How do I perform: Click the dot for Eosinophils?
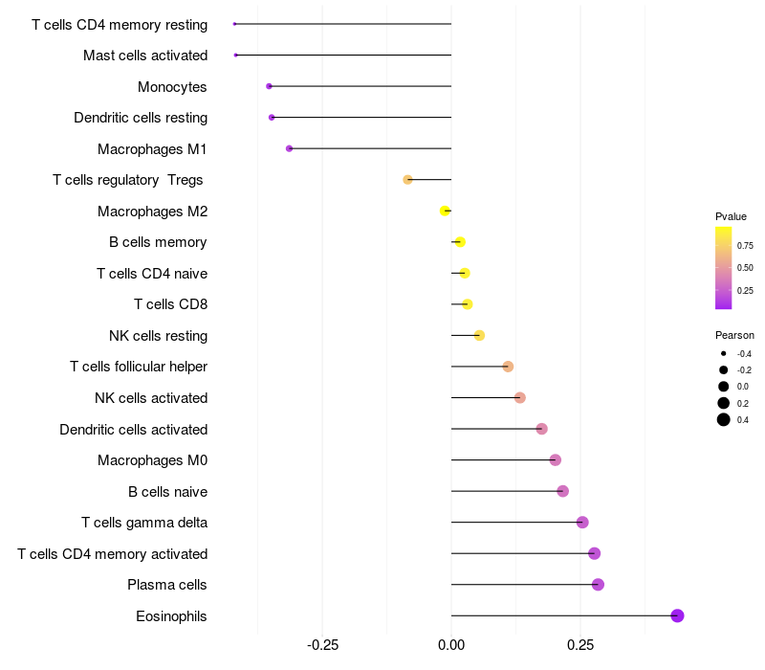coord(677,615)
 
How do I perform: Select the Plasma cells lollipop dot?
coord(598,585)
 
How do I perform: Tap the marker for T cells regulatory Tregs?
coord(408,180)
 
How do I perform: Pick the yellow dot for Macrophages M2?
coord(445,211)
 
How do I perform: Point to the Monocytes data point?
coord(270,86)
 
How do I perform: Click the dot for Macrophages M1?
coord(290,148)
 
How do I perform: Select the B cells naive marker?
coord(562,491)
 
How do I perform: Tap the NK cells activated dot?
coord(519,397)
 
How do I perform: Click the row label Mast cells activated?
coord(145,56)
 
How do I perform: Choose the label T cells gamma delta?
coord(144,523)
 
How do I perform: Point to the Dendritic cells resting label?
coord(141,118)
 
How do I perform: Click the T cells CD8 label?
coord(170,304)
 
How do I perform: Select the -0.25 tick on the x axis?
coord(322,645)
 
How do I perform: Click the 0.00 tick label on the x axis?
coord(451,645)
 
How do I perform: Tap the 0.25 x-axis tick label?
coord(580,645)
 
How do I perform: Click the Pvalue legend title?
coord(731,216)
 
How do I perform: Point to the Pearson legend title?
coord(734,335)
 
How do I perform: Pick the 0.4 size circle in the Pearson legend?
coord(724,419)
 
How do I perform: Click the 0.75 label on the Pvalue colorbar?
coord(745,245)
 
